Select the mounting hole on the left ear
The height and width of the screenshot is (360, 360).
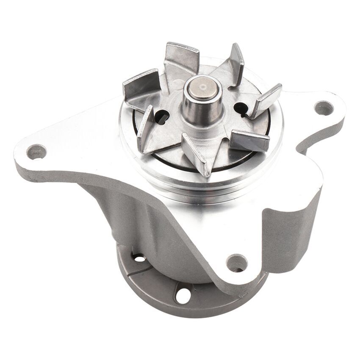[x=36, y=151]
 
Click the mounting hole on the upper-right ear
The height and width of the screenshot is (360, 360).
[x=324, y=108]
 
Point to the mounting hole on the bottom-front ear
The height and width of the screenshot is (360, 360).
[x=236, y=263]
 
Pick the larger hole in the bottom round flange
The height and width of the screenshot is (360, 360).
[x=183, y=294]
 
